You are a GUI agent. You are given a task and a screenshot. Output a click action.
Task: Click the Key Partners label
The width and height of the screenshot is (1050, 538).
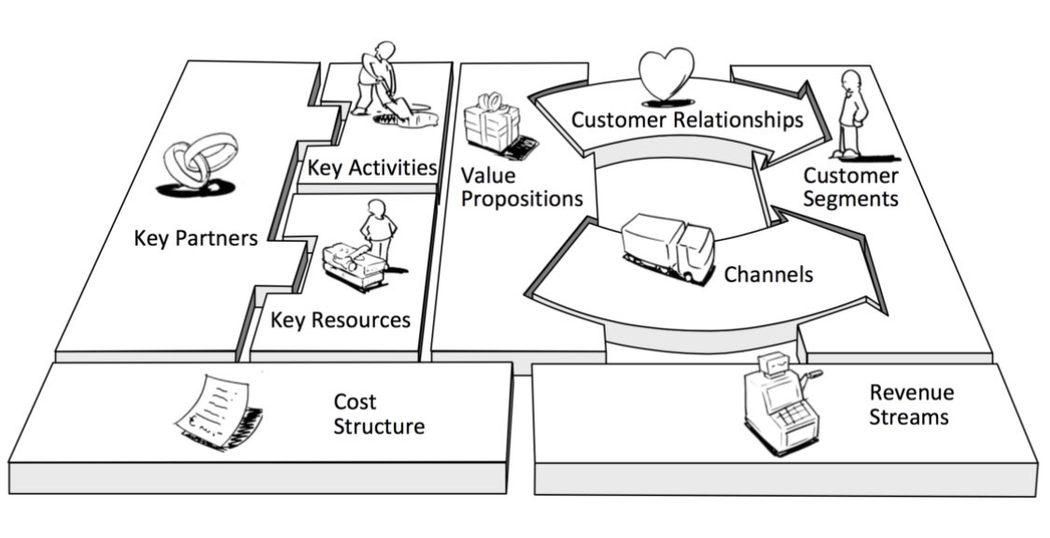click(195, 238)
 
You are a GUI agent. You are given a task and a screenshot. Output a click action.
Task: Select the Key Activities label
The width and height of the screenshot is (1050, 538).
click(371, 168)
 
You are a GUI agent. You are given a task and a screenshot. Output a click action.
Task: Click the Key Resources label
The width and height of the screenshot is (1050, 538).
click(341, 320)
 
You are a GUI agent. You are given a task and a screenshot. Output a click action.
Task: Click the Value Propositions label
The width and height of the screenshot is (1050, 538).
click(521, 186)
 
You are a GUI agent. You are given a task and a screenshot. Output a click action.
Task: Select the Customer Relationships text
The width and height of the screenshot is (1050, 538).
click(687, 120)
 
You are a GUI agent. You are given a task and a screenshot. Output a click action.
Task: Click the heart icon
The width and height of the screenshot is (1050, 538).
click(666, 72)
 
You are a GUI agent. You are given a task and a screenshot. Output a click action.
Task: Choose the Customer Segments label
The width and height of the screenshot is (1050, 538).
click(851, 187)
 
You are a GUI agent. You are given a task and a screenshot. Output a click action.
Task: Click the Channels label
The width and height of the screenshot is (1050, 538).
click(768, 275)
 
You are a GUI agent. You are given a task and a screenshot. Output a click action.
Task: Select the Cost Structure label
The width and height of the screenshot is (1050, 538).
click(379, 415)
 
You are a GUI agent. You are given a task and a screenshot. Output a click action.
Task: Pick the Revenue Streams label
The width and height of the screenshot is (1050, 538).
click(911, 404)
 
